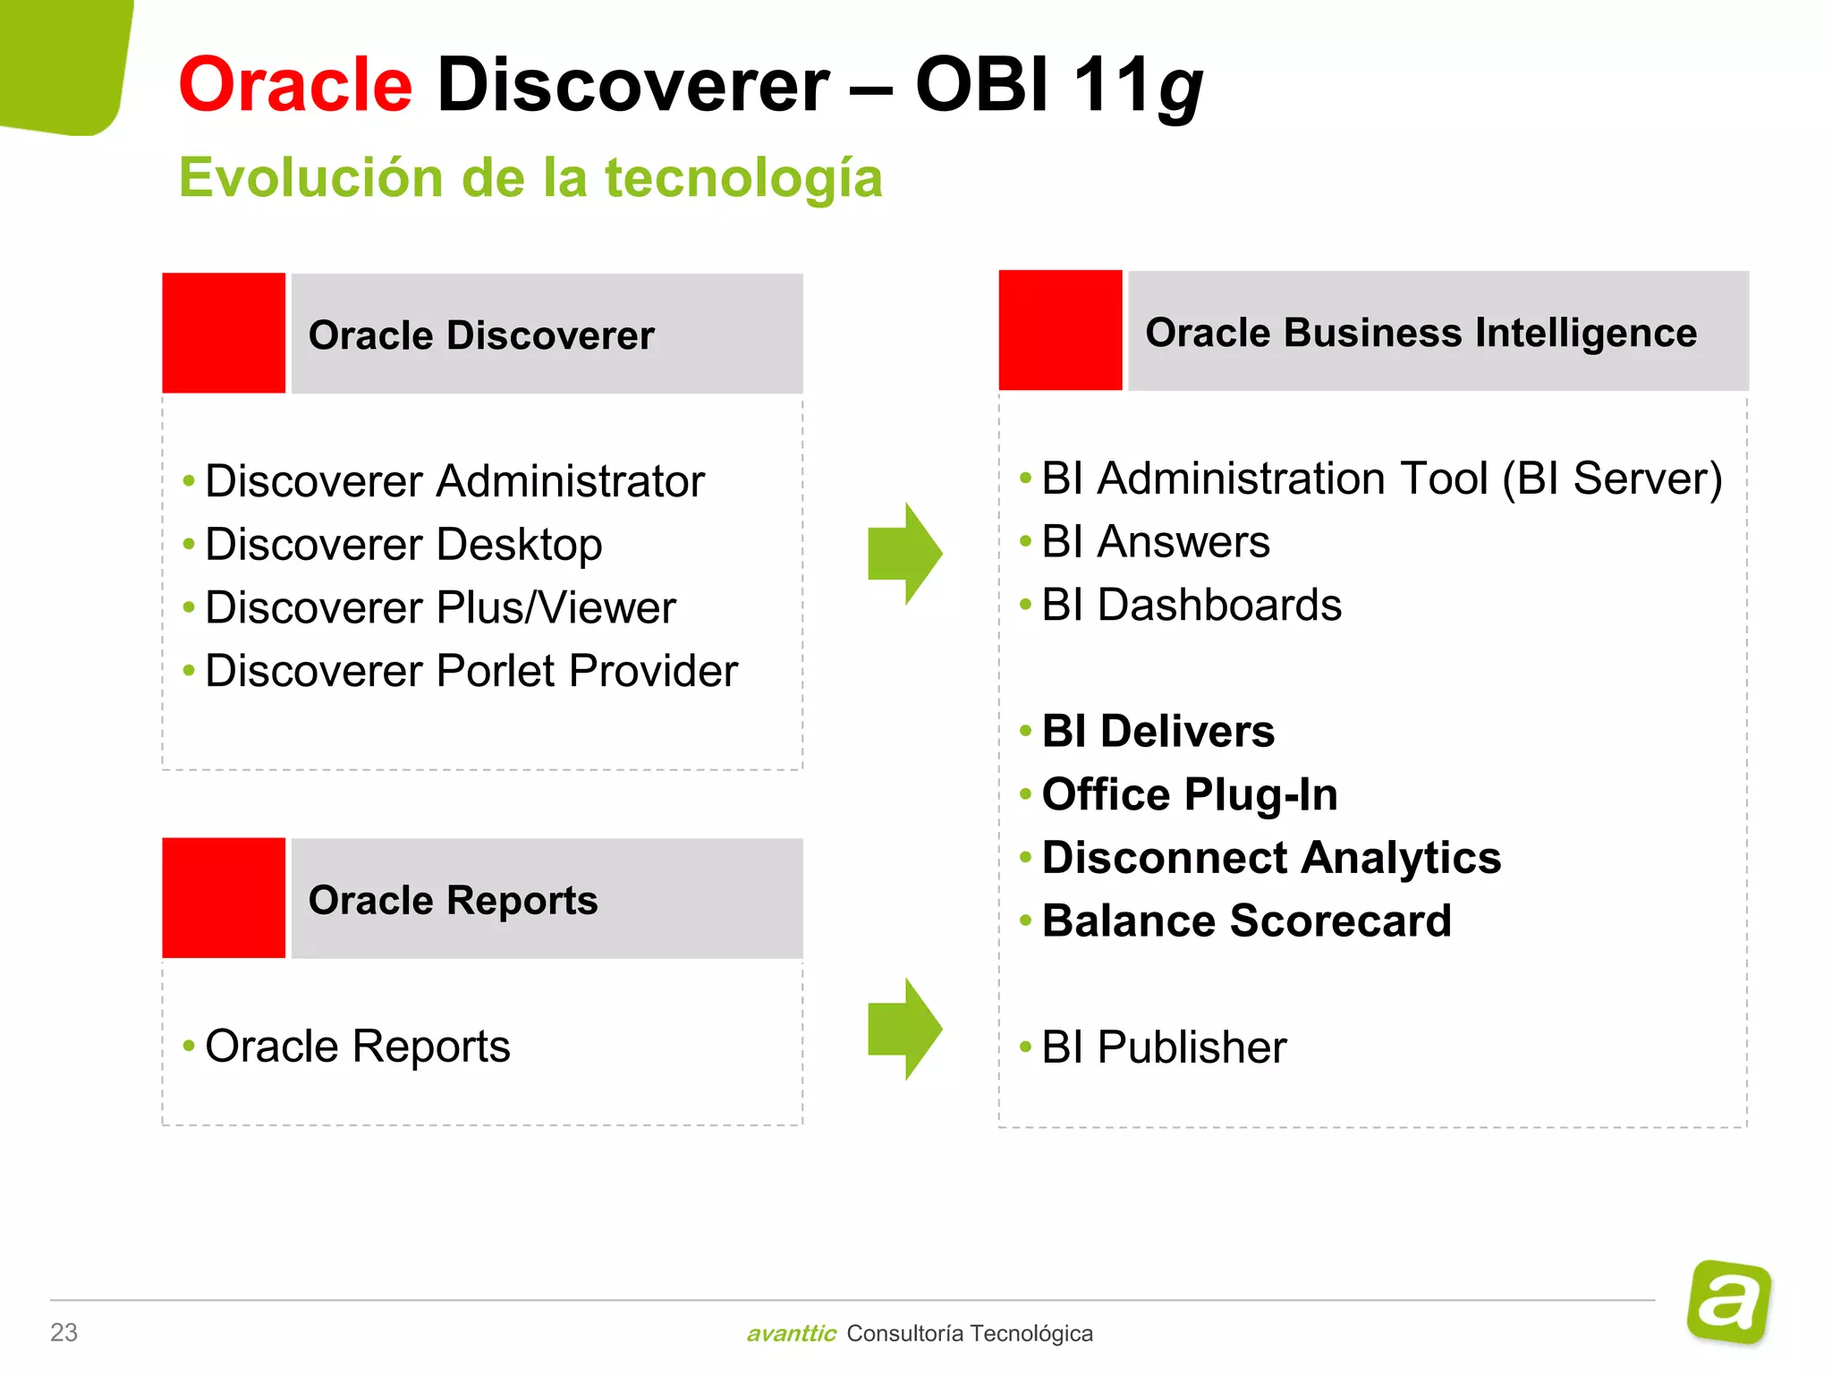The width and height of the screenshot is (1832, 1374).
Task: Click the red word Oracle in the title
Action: (295, 85)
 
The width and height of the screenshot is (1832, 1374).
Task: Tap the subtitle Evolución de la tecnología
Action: (530, 177)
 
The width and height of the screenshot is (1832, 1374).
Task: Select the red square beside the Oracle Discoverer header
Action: (224, 333)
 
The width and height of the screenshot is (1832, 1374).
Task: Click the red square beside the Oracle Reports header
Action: (224, 897)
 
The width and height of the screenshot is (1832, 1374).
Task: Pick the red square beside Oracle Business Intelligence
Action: (1060, 330)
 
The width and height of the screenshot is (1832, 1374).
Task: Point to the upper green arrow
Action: (904, 554)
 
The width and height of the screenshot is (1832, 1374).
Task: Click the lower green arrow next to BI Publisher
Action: (904, 1029)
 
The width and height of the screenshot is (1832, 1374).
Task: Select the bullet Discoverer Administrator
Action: (454, 481)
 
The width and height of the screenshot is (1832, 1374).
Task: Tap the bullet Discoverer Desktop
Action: (403, 545)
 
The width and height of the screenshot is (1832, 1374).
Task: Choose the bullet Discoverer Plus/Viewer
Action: (440, 608)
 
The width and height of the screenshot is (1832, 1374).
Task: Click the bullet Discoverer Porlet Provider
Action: (471, 671)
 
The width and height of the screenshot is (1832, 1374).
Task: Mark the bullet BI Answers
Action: (1156, 542)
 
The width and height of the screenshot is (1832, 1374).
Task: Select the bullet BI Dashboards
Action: (1192, 606)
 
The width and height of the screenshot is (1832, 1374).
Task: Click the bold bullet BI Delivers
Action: (1158, 732)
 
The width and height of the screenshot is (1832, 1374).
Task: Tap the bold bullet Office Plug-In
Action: (1190, 795)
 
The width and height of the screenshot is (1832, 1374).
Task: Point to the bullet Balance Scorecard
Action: (1246, 921)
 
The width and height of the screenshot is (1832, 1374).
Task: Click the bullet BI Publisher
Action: (1164, 1047)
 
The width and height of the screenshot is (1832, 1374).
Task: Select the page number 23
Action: (64, 1332)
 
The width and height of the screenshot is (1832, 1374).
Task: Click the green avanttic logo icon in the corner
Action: (1729, 1302)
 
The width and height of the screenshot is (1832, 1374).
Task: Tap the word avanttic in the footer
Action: (792, 1334)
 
